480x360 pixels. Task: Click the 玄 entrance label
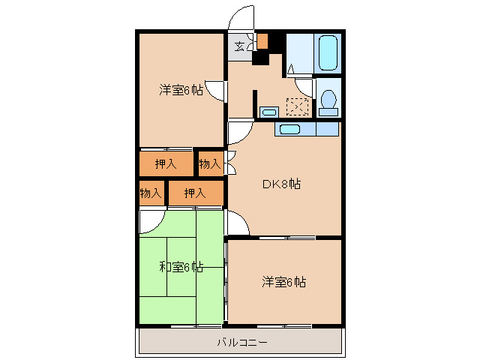239,46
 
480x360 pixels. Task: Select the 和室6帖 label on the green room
181,266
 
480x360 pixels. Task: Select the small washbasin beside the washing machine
268,112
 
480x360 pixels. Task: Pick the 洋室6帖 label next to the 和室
283,282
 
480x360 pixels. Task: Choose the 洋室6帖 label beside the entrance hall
181,91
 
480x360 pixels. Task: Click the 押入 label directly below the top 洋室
166,163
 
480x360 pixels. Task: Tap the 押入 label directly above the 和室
195,193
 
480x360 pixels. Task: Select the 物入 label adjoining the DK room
210,163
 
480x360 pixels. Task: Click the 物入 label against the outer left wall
151,193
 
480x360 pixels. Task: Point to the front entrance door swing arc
242,18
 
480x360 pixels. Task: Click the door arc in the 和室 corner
149,220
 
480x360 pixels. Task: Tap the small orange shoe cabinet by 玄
262,40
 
